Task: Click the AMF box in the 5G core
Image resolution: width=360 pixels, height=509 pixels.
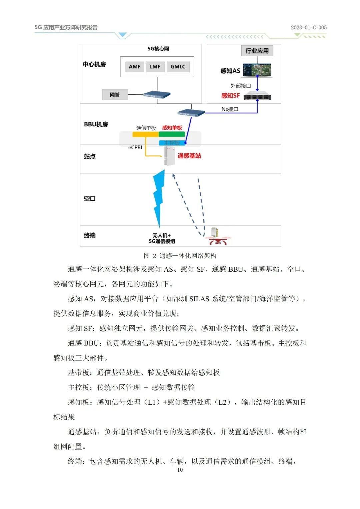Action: click(x=135, y=67)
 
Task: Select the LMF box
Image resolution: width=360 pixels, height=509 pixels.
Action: click(x=155, y=67)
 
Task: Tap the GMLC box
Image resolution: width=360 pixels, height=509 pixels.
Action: click(x=178, y=67)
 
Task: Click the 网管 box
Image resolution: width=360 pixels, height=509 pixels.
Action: click(x=115, y=95)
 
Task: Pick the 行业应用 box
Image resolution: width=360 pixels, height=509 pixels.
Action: click(x=257, y=51)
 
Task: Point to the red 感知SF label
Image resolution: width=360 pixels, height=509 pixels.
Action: click(x=230, y=96)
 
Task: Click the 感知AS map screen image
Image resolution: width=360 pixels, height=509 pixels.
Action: click(x=257, y=70)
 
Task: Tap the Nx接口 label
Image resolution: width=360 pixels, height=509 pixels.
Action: click(x=230, y=109)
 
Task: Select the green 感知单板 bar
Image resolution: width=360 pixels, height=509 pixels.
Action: click(x=172, y=134)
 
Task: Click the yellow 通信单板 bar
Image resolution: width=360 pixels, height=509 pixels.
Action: click(x=145, y=134)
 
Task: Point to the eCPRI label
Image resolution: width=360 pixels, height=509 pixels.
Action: click(x=135, y=147)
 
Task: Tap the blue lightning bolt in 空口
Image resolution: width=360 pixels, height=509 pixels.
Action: click(x=159, y=197)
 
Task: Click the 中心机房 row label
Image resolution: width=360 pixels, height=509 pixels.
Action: click(x=94, y=64)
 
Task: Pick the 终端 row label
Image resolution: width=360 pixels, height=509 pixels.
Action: click(x=90, y=235)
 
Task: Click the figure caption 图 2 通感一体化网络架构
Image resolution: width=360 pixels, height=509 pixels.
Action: click(x=180, y=256)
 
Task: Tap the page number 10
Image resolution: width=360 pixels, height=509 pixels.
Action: click(x=180, y=470)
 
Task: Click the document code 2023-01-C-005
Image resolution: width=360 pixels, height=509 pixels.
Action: click(x=309, y=28)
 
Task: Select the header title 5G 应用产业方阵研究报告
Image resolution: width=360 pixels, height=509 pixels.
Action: click(x=66, y=27)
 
